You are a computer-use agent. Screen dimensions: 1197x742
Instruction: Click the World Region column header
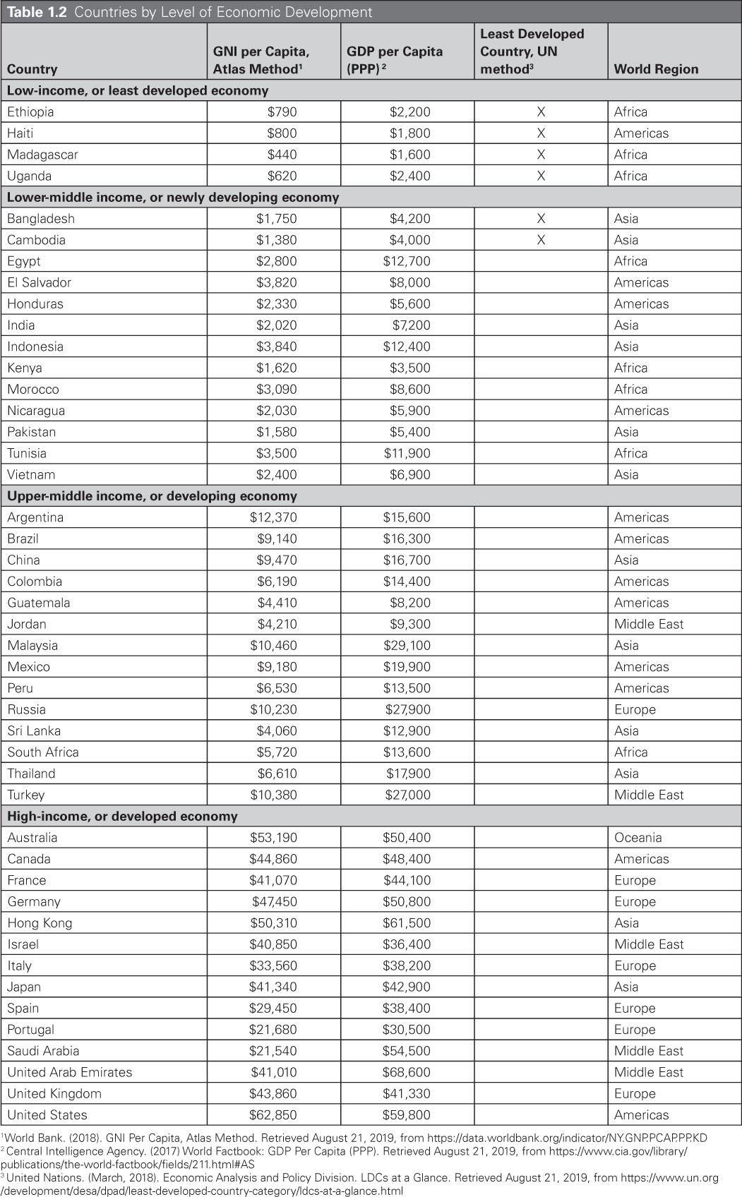[x=656, y=69]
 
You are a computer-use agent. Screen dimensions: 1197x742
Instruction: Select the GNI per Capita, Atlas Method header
[x=261, y=60]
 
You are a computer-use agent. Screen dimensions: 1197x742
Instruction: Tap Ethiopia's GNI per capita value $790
[x=282, y=112]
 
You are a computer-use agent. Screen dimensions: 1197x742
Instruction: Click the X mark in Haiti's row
[x=541, y=133]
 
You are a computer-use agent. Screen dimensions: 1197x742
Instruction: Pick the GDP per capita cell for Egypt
[x=407, y=261]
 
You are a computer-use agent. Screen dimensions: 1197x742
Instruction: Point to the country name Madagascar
[x=42, y=155]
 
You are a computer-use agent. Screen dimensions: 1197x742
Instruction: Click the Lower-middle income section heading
[x=173, y=197]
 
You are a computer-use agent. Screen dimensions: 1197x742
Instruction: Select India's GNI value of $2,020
[x=277, y=325]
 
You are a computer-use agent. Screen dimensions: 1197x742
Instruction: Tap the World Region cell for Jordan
[x=649, y=624]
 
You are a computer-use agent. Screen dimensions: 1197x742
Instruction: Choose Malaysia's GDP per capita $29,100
[x=407, y=645]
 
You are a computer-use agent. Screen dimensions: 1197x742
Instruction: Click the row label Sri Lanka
[x=34, y=730]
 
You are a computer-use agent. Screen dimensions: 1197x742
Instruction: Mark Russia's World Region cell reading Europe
[x=635, y=709]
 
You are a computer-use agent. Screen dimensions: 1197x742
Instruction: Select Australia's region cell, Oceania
[x=638, y=838]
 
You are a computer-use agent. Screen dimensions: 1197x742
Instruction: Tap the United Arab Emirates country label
[x=70, y=1072]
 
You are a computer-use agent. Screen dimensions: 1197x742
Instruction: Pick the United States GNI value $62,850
[x=273, y=1115]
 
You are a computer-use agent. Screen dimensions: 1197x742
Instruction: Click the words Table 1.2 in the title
[x=37, y=12]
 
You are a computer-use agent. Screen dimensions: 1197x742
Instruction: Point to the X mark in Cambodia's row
[x=541, y=240]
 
